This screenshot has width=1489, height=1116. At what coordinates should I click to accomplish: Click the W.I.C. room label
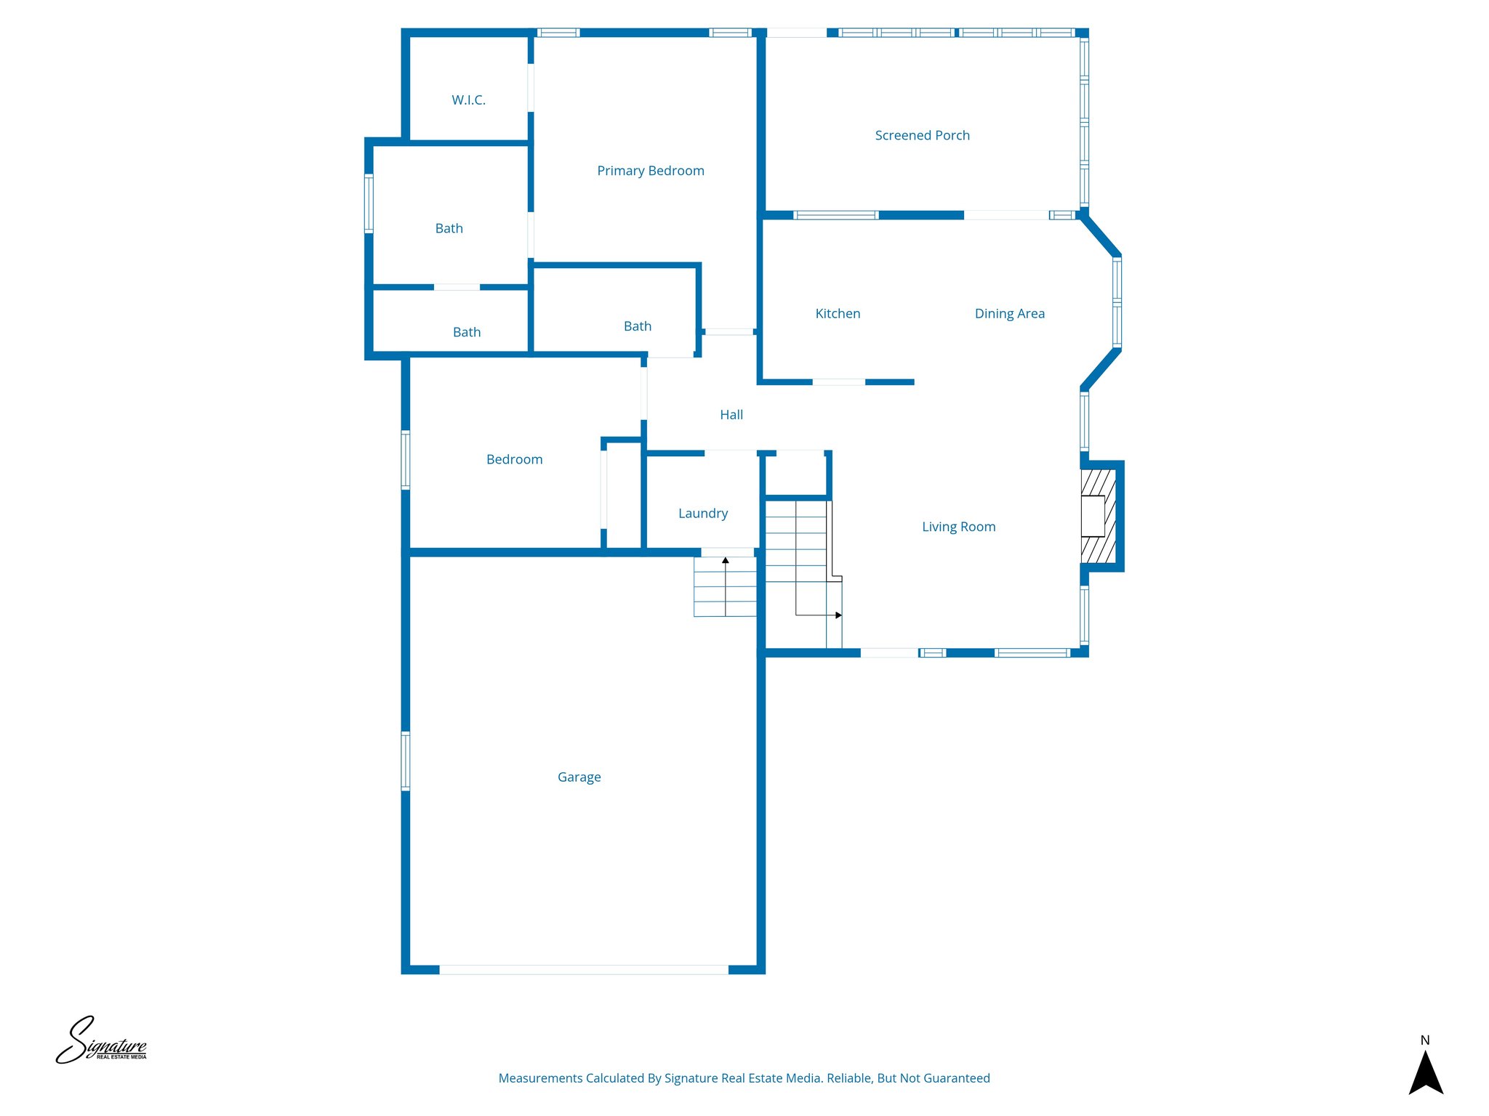(468, 100)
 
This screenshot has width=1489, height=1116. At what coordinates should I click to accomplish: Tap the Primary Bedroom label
(650, 171)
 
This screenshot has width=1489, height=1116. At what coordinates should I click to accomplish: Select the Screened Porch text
(922, 135)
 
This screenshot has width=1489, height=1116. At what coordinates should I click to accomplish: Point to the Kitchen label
(838, 314)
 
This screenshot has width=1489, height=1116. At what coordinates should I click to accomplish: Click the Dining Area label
(1009, 314)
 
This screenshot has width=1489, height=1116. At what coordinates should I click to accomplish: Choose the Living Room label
(958, 527)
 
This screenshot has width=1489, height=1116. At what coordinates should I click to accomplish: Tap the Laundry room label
(702, 514)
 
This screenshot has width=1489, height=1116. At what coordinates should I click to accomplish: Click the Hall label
(731, 415)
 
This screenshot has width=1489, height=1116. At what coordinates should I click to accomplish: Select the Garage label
(579, 777)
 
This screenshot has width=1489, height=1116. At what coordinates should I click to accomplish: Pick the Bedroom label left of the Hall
(514, 460)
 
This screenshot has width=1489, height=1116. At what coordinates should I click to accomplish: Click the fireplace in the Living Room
(1097, 516)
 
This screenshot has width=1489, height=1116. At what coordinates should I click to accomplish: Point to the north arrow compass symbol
(1425, 1073)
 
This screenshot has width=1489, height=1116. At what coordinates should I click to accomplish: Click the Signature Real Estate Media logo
(101, 1041)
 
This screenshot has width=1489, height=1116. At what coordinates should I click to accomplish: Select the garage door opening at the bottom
(583, 969)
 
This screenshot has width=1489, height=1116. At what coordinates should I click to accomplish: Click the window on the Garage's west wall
(406, 761)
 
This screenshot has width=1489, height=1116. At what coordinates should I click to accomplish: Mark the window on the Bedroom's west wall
(406, 460)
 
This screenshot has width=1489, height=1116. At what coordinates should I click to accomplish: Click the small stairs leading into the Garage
(725, 587)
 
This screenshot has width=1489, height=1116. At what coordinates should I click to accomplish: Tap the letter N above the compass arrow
(1425, 1040)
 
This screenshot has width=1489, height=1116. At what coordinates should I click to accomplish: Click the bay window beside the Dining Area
(1117, 302)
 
